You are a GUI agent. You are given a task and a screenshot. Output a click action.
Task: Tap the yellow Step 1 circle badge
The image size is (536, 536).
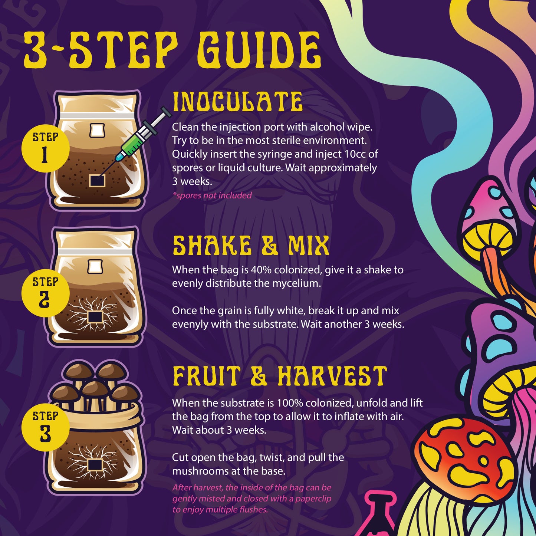click(x=45, y=148)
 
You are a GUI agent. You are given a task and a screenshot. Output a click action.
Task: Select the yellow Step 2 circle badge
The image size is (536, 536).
click(x=45, y=293)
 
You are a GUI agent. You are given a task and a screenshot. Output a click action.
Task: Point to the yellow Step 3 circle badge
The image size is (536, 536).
click(x=45, y=427)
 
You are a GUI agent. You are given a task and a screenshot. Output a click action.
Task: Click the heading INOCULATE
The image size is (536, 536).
click(x=237, y=102)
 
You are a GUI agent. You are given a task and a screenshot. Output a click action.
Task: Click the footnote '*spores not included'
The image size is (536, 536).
click(x=212, y=195)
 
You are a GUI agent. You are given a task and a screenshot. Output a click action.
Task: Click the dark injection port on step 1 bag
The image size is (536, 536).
click(x=97, y=181)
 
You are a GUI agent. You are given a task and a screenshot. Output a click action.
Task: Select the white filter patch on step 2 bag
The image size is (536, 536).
click(x=95, y=267)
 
